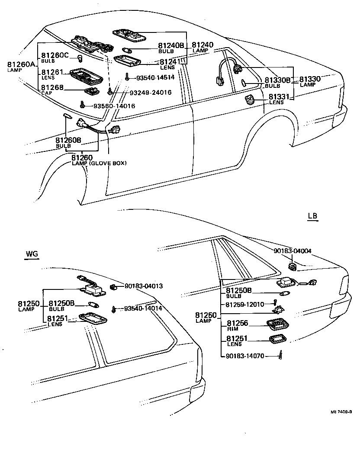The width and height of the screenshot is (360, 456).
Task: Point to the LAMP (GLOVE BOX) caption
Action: click(x=99, y=163)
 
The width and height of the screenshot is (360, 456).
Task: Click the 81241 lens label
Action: click(x=170, y=63)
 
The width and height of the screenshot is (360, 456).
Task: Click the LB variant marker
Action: click(x=313, y=216)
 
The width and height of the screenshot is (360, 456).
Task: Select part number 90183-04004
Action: click(x=292, y=250)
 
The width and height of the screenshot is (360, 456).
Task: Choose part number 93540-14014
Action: click(x=143, y=308)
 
